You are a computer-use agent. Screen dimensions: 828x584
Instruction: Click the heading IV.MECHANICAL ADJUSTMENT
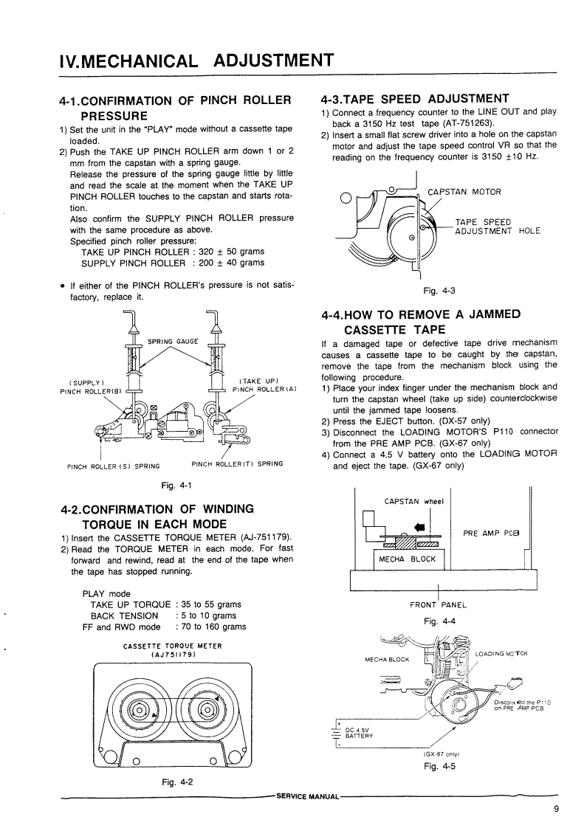(197, 58)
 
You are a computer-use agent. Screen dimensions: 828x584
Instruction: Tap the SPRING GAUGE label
(173, 341)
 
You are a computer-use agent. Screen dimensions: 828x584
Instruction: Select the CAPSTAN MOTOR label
(464, 193)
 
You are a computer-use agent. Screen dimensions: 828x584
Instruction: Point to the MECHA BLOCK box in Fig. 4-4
(407, 559)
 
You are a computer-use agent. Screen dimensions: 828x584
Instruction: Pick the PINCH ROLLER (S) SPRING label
(114, 465)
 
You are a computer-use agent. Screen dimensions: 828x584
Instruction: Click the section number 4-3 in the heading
(337, 99)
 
